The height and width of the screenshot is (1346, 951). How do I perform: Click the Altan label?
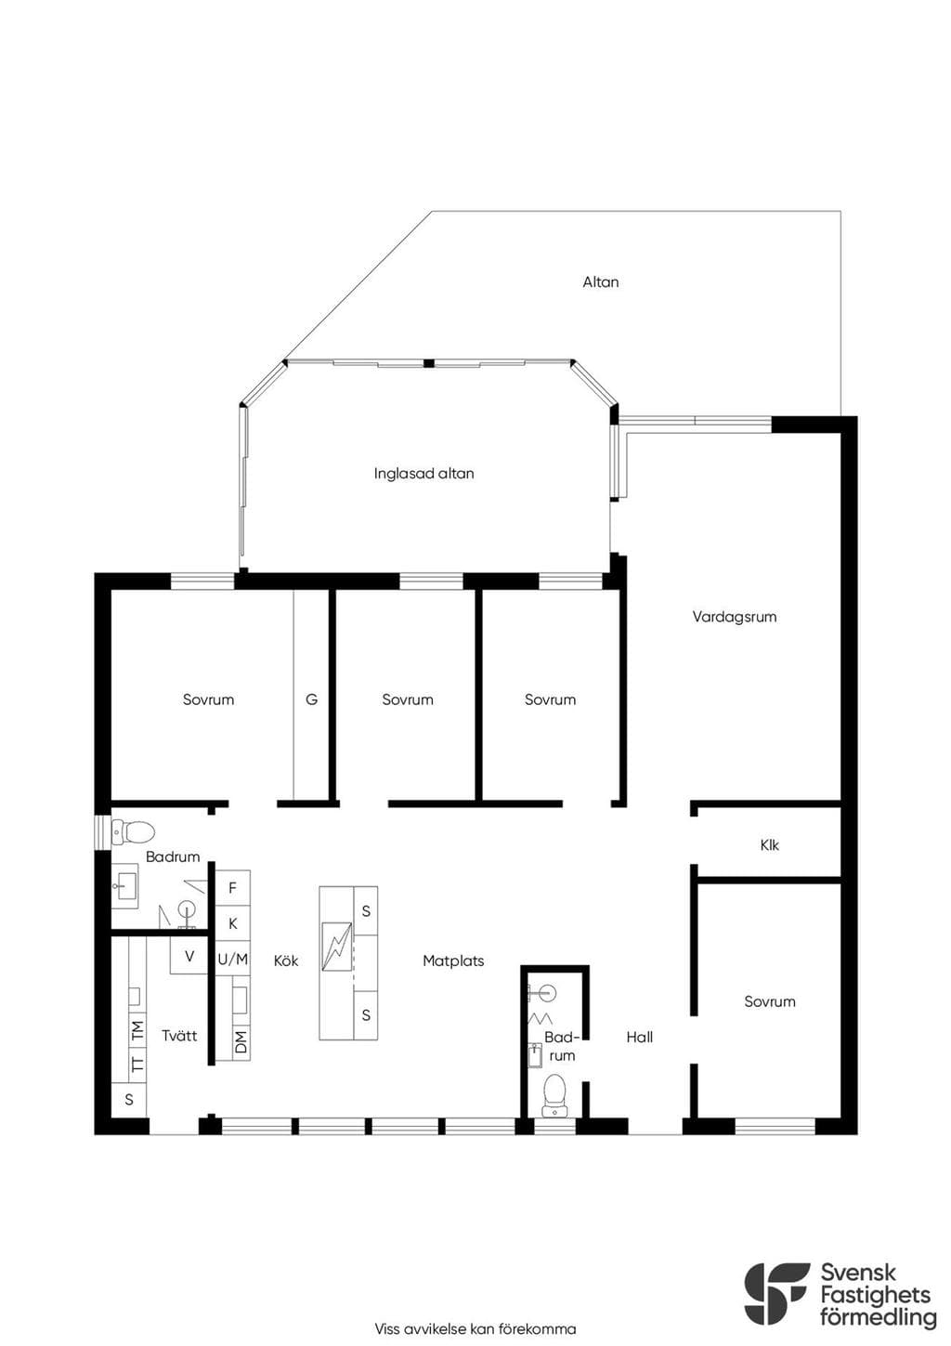(x=600, y=281)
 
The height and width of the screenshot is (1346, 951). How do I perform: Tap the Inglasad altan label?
(x=423, y=474)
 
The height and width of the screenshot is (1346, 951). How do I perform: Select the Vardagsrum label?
(x=734, y=617)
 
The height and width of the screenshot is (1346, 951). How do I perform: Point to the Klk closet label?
(x=769, y=845)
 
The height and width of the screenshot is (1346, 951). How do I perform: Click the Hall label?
(x=639, y=1037)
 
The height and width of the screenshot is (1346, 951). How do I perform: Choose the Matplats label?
(x=453, y=960)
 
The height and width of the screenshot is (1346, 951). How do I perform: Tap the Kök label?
(x=286, y=960)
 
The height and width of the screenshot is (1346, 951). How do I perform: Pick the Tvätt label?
(x=179, y=1036)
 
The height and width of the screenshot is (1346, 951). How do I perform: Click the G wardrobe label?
(x=311, y=699)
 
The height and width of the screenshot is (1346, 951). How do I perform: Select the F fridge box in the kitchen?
(x=232, y=888)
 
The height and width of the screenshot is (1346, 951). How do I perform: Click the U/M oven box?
(x=232, y=959)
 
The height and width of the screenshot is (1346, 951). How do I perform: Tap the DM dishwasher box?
(x=241, y=1041)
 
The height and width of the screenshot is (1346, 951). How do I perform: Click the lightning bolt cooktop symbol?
(x=336, y=947)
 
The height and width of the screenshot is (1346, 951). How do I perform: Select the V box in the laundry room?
(x=189, y=956)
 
